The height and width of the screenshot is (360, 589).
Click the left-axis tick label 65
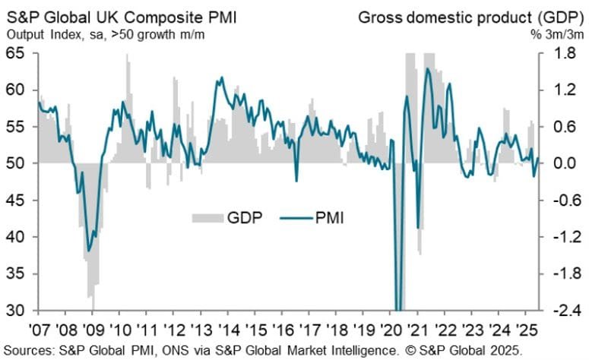[x=17, y=54]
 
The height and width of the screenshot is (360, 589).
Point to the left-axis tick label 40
[x=17, y=237]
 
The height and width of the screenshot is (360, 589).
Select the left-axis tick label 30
[x=17, y=310]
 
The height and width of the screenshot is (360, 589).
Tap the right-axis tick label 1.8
[x=562, y=54]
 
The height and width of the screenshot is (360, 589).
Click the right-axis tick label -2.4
[x=560, y=310]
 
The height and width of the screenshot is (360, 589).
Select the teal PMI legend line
[x=300, y=219]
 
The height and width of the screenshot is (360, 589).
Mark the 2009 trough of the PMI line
[x=90, y=251]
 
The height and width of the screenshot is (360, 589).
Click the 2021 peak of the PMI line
[x=428, y=69]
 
